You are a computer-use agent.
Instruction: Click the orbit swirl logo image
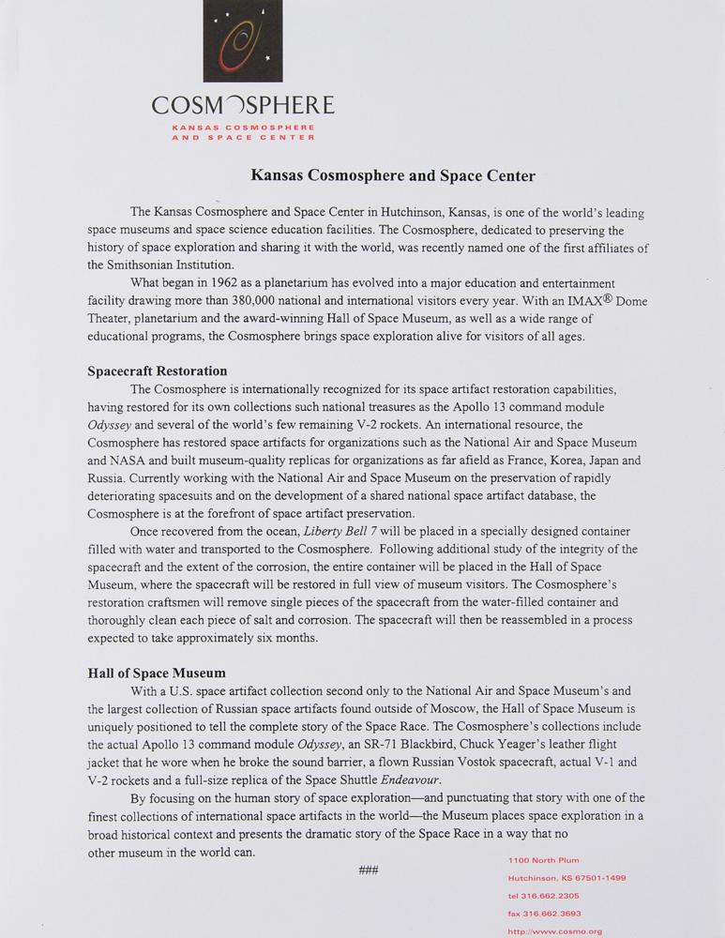click(x=244, y=41)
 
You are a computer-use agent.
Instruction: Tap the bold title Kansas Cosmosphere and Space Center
click(x=392, y=175)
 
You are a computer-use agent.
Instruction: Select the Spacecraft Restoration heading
click(x=157, y=371)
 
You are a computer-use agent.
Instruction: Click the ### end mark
click(x=368, y=871)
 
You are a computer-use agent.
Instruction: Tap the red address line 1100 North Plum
click(x=543, y=860)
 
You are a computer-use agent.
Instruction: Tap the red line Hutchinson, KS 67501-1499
click(x=566, y=878)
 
